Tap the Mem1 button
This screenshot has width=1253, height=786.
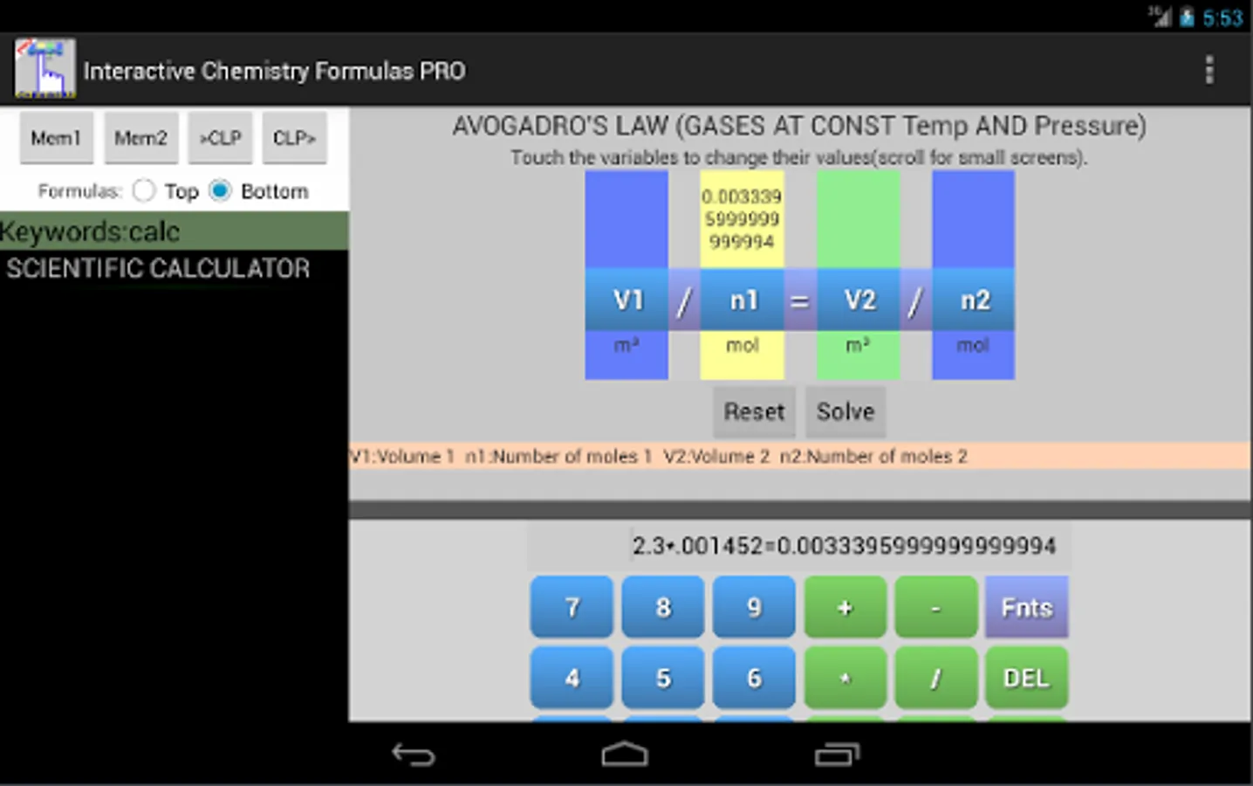pos(57,138)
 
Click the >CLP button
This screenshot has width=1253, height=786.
pos(221,138)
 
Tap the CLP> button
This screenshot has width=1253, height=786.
pos(294,138)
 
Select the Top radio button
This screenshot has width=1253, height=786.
pos(144,191)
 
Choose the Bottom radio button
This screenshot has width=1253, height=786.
pos(220,191)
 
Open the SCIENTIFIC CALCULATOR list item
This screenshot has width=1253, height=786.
pos(158,268)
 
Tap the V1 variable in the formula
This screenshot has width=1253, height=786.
pos(627,300)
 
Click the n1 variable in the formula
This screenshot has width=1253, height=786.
pos(743,300)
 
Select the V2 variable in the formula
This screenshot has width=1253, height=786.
pos(859,300)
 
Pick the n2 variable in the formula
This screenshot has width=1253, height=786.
pos(973,300)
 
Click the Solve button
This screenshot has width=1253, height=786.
pos(846,412)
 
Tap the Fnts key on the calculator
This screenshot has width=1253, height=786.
pos(1026,608)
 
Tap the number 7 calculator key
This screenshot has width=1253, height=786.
pos(572,608)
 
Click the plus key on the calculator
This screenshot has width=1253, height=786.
pos(846,608)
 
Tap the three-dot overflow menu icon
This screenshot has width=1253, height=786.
pos(1209,70)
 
